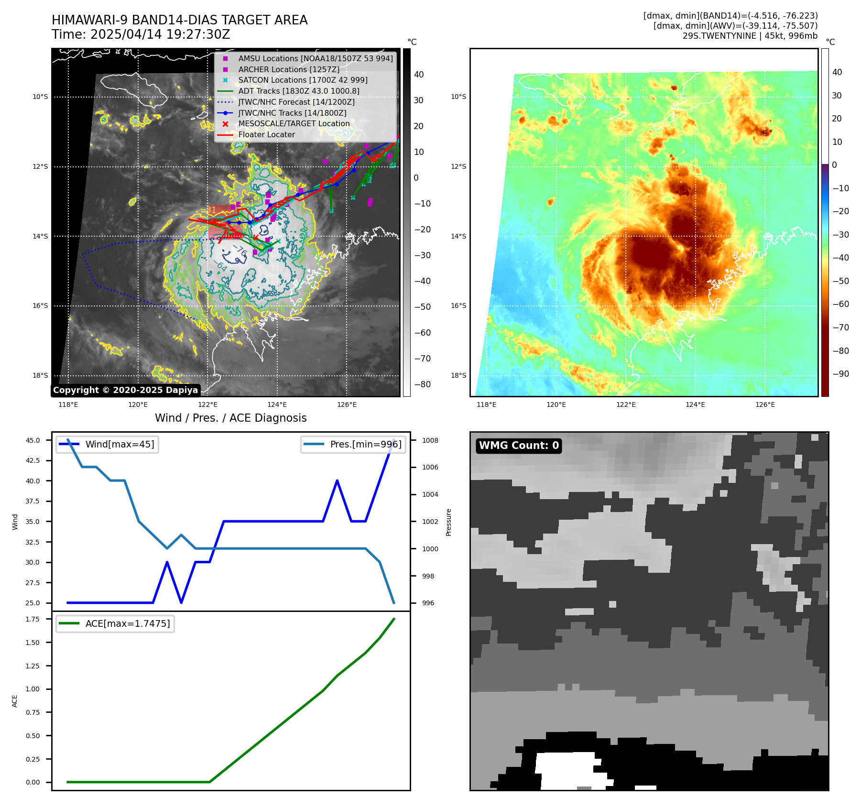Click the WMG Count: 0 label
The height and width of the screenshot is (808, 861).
point(519,446)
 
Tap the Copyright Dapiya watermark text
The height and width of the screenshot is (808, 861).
point(125,390)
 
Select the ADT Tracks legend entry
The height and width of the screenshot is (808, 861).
point(298,91)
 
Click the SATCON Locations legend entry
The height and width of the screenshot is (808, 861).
point(303,80)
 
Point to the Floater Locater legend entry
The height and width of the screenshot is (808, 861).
point(266,134)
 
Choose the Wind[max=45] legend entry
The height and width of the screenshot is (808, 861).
point(120,444)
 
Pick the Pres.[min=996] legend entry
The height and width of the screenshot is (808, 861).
point(366,444)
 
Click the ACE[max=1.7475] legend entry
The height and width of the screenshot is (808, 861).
point(127,623)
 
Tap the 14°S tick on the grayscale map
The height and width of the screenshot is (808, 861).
point(40,236)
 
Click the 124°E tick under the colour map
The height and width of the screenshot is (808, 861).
point(695,404)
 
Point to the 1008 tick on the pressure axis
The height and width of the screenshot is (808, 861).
point(430,440)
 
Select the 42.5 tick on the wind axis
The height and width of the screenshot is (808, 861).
point(33,460)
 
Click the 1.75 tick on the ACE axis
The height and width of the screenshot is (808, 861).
point(33,619)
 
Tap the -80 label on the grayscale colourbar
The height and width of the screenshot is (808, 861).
point(422,384)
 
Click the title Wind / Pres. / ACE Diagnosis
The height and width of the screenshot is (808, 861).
point(230,418)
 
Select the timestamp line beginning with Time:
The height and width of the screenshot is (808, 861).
point(141,34)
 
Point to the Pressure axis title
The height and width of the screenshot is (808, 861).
point(448,522)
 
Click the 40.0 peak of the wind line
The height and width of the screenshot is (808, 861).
point(337,480)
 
